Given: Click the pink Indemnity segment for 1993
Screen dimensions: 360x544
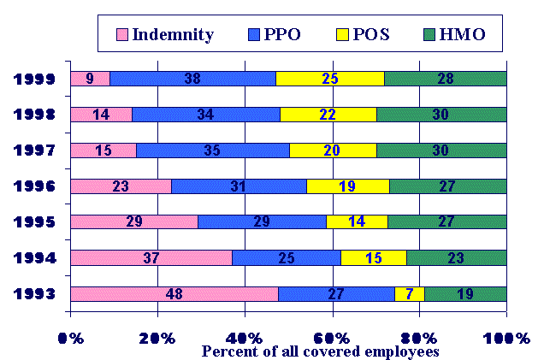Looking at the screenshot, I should tap(174, 294).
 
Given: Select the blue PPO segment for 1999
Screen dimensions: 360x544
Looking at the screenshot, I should tap(192, 79).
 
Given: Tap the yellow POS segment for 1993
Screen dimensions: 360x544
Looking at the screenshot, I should tap(409, 294).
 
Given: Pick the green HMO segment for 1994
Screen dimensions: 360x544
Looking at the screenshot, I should tap(456, 257).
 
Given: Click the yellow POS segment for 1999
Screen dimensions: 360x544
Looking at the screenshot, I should tap(329, 79).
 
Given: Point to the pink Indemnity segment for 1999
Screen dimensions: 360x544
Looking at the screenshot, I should tap(90, 79).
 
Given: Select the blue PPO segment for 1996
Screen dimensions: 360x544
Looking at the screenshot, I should tap(239, 186).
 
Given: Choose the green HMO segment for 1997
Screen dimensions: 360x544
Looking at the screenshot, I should tap(441, 150).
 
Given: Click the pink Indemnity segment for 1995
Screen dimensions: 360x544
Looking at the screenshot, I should tap(133, 222).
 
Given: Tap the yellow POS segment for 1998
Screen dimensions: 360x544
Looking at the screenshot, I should tap(328, 115).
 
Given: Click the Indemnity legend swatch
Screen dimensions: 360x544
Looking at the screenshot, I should tap(123, 35).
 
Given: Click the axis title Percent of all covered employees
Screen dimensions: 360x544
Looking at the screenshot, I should tap(320, 351).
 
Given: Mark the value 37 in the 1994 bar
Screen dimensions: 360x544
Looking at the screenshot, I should tap(151, 257).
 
